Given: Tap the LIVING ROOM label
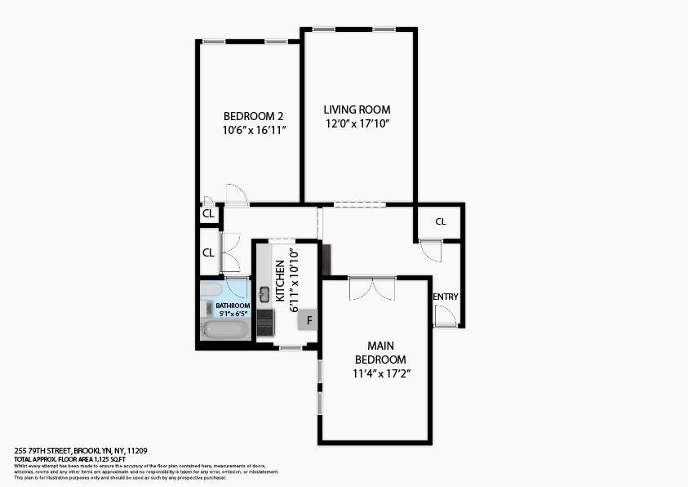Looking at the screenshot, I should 357,109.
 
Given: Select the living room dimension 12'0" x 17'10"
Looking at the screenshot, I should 357,123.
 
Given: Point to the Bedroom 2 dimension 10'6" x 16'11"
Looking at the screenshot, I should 253,130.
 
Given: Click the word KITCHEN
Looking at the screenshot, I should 280,281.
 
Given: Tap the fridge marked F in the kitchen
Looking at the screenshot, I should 309,320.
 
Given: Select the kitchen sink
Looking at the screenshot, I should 264,294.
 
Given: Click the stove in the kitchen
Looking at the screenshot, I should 265,322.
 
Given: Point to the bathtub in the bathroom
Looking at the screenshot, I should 224,330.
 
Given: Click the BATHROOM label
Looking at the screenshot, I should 233,306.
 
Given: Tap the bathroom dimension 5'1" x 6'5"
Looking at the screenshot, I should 233,313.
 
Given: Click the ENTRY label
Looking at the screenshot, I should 446,297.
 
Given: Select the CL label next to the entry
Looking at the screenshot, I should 441,221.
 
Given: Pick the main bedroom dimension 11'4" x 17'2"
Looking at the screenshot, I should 380,373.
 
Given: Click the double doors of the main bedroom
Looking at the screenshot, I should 372,288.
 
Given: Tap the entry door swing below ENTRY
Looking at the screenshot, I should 446,316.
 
